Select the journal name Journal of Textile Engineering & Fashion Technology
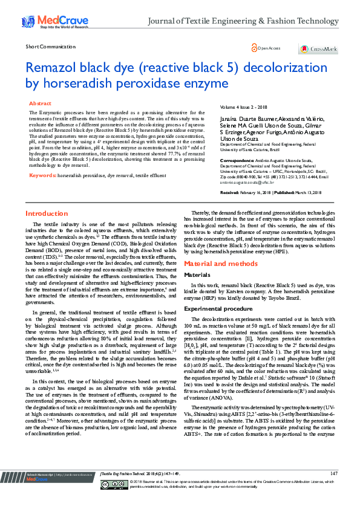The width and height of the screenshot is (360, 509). point(243,22)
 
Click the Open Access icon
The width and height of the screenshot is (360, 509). point(255,48)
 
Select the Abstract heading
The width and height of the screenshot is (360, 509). point(41,104)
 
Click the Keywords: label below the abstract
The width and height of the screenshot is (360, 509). point(42,175)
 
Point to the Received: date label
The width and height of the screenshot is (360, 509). point(230,192)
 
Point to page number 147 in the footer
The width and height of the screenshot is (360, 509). point(333,490)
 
